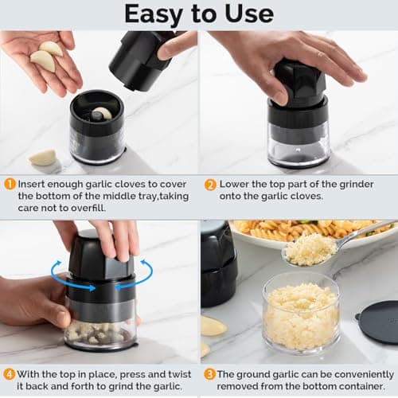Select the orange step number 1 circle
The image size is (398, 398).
coord(10,184)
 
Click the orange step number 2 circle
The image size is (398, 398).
coord(210,184)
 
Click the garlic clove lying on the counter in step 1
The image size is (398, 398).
coord(42,157)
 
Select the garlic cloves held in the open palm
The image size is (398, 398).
coord(46,57)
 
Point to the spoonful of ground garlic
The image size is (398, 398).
coord(310,249)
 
